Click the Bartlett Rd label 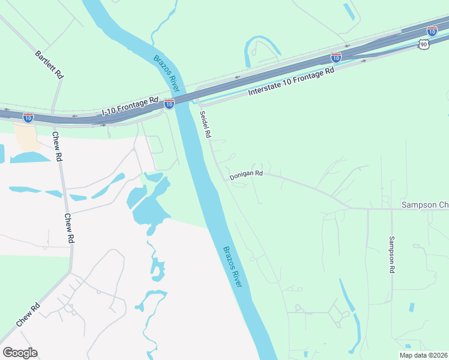49,65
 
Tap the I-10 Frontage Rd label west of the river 130,107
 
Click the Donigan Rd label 246,174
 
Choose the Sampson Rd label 391,254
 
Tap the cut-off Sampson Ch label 424,205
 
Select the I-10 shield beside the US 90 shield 432,31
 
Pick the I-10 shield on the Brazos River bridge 169,104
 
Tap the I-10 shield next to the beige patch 28,117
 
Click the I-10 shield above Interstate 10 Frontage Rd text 336,58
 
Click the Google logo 20,353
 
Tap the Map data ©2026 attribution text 424,355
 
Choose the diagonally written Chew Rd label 28,314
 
